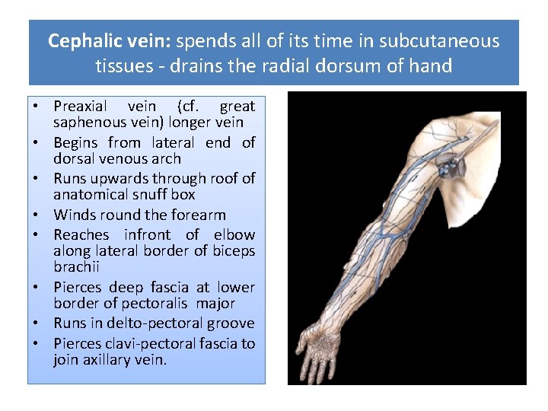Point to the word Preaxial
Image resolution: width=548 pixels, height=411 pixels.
[x=80, y=107]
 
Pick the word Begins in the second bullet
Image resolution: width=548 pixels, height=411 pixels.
[x=76, y=142]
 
